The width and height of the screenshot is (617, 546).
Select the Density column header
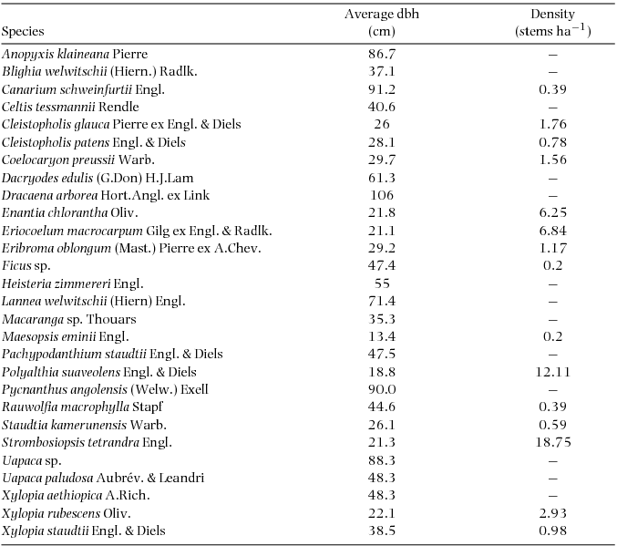pyautogui.click(x=552, y=23)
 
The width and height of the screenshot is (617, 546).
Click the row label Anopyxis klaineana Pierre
pyautogui.click(x=75, y=54)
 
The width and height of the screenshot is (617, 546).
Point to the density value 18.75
pyautogui.click(x=552, y=443)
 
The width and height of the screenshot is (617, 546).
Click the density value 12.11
pyautogui.click(x=552, y=372)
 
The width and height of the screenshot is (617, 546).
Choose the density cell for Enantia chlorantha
pyautogui.click(x=552, y=213)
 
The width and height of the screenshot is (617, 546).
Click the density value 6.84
pyautogui.click(x=552, y=231)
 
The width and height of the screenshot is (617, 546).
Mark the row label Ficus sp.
pyautogui.click(x=24, y=266)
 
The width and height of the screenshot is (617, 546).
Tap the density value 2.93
pyautogui.click(x=552, y=513)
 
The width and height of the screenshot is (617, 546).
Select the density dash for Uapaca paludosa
pyautogui.click(x=552, y=479)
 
